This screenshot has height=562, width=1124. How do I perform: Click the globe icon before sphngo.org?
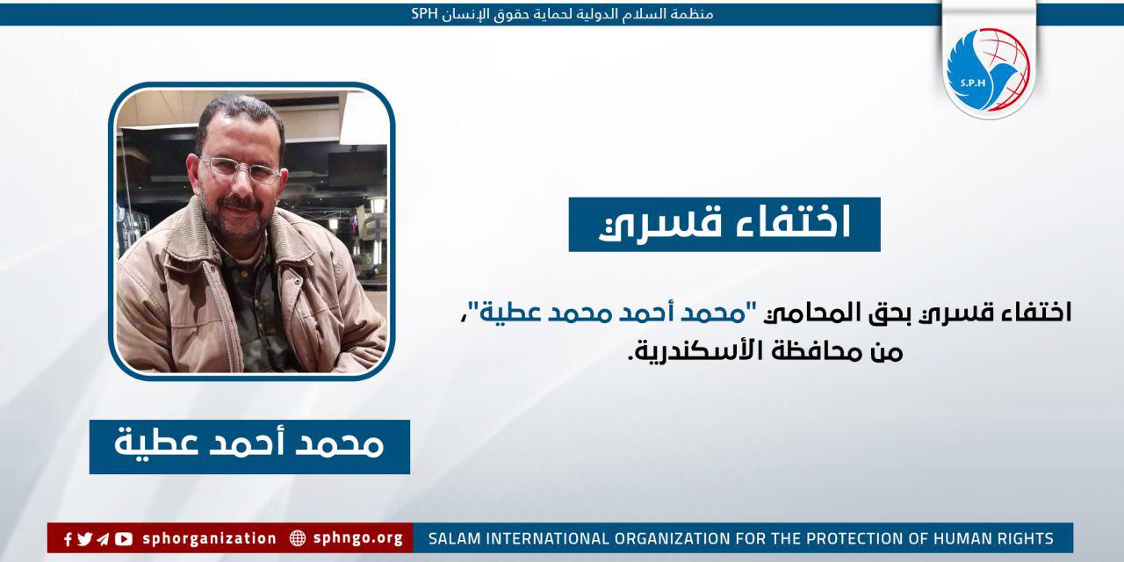pos(298,538)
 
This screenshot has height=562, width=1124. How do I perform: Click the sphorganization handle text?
pos(209,538)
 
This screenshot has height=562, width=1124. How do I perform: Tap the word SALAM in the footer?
pos(453,538)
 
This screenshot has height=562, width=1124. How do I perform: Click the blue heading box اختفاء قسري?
pos(724,225)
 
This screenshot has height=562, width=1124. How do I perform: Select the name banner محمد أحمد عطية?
pos(249,446)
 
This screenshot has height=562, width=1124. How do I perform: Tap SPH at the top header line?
pos(424,14)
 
